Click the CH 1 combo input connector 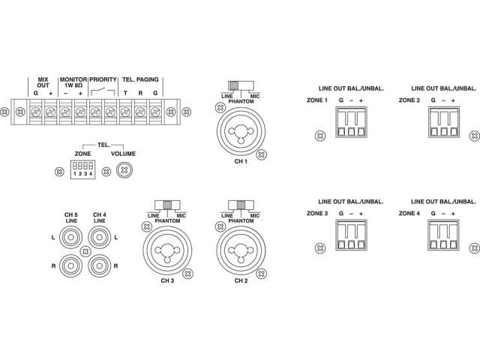click(x=241, y=131)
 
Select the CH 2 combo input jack click(x=241, y=250)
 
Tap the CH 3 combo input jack click(x=167, y=250)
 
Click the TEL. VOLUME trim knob click(x=124, y=170)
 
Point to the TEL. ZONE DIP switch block click(x=82, y=169)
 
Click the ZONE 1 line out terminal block click(x=351, y=122)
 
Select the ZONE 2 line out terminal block click(x=443, y=122)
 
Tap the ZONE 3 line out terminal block click(x=351, y=235)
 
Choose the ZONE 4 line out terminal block click(x=443, y=235)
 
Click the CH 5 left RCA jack click(x=70, y=237)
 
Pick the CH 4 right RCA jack click(x=99, y=265)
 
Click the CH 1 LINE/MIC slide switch click(x=241, y=85)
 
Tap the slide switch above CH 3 click(x=167, y=205)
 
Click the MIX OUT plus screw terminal click(x=50, y=112)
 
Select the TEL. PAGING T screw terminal click(x=125, y=112)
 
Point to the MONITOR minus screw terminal click(x=65, y=112)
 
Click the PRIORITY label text click(x=103, y=79)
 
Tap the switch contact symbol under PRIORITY click(x=103, y=91)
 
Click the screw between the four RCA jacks click(x=85, y=252)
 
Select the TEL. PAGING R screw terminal click(x=140, y=112)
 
